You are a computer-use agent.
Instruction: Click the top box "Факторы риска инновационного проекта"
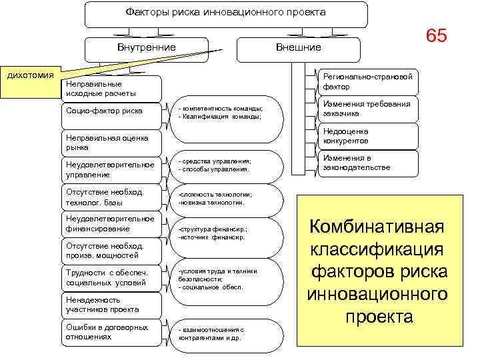pyautogui.click(x=225, y=13)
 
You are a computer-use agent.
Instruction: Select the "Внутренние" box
pyautogui.click(x=146, y=47)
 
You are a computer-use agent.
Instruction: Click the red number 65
pyautogui.click(x=436, y=36)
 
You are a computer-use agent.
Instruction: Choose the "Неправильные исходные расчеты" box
pyautogui.click(x=111, y=89)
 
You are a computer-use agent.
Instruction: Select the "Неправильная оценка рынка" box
pyautogui.click(x=111, y=141)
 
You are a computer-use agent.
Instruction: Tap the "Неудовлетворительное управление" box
pyautogui.click(x=111, y=169)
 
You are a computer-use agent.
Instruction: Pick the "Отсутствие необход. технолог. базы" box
pyautogui.click(x=111, y=197)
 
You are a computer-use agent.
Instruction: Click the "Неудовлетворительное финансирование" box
pyautogui.click(x=111, y=224)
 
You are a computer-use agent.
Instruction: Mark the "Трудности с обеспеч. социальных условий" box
pyautogui.click(x=111, y=277)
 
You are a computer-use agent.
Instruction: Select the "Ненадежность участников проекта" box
pyautogui.click(x=111, y=305)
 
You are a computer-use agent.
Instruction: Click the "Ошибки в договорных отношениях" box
pyautogui.click(x=111, y=332)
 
